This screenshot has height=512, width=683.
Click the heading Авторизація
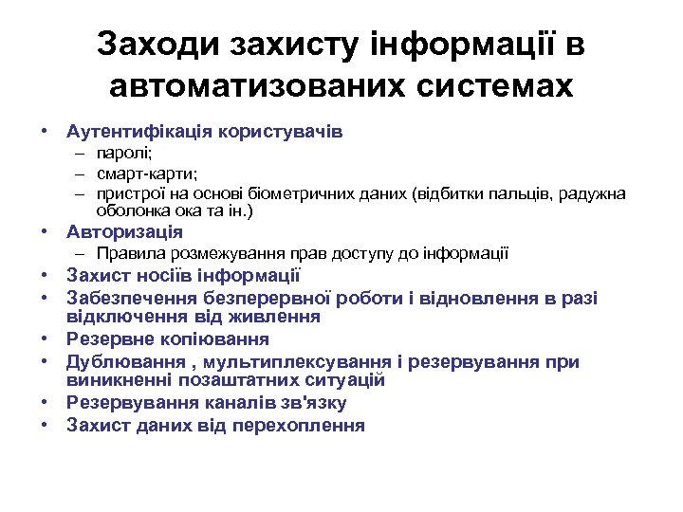(124, 231)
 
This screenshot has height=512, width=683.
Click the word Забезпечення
(131, 298)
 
